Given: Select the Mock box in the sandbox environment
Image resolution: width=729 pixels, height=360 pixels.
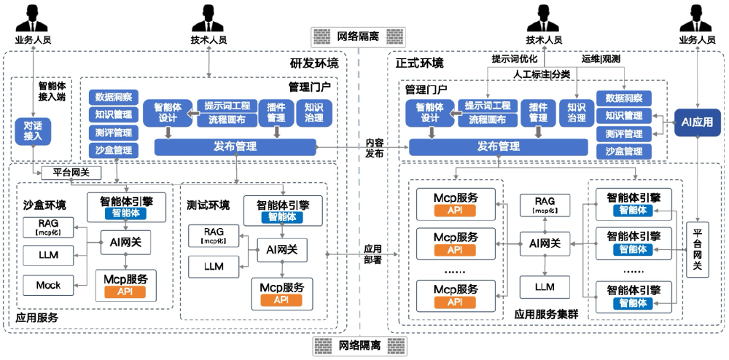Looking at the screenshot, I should coord(48,285).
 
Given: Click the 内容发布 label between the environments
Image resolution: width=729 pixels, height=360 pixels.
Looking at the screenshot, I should coord(375,148).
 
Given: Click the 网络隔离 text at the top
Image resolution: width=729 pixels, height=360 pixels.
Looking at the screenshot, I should coord(357,36).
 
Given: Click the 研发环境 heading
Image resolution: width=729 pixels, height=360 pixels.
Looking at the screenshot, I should coord(314,63).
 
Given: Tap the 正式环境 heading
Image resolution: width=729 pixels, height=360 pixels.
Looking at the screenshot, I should coord(418,63).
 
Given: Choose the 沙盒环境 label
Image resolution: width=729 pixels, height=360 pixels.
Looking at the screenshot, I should coord(44,204).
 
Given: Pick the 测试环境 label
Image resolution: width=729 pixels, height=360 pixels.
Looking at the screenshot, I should coord(208,204).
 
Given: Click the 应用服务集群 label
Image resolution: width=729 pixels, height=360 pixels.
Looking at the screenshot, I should coord(546,314).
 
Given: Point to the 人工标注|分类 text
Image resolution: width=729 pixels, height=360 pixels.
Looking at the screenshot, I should coord(542,74).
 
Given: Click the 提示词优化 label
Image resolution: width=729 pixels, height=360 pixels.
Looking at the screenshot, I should coord(515,58).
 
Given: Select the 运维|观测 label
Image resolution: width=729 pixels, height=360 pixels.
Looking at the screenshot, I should coord(601,58).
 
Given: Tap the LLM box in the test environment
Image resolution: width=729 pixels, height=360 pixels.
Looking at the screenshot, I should coord(213,266).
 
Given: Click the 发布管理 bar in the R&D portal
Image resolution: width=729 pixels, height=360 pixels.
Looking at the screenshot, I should coord(235,146).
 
